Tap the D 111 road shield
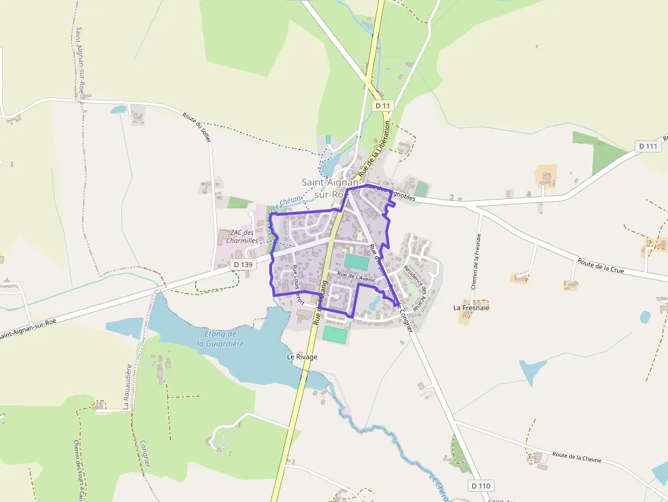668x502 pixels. coord(649,146)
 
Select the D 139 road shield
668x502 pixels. coord(242,264)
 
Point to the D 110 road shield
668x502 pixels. coord(481,486)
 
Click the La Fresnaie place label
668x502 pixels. coord(472,307)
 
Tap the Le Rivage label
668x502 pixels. coord(302,356)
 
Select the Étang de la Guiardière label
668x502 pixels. coord(220,339)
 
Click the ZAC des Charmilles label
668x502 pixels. coord(242,236)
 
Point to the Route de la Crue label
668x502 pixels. coord(601,266)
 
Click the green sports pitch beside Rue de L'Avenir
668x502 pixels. coord(356,262)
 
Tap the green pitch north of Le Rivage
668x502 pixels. coord(334,334)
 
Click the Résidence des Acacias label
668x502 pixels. coord(416,281)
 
